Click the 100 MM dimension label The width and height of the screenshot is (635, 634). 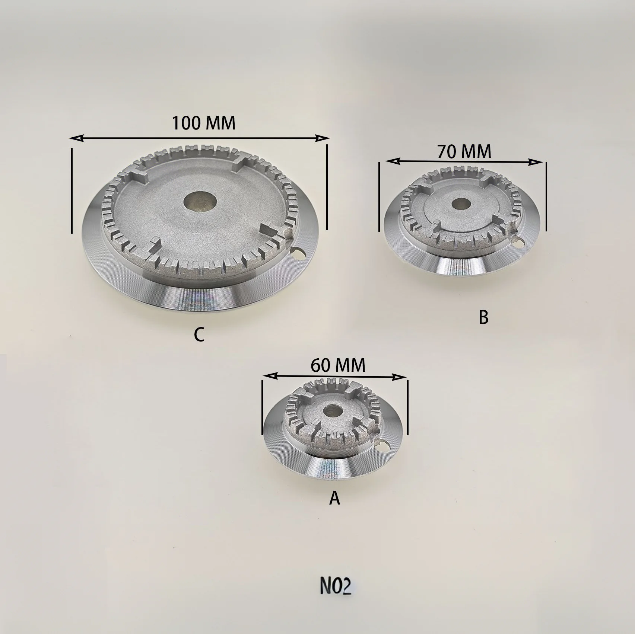(x=203, y=123)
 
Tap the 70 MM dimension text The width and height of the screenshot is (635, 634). (x=464, y=151)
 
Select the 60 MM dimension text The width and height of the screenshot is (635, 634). (x=338, y=365)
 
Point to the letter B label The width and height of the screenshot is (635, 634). (x=483, y=317)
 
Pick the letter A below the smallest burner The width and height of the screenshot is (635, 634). (x=334, y=498)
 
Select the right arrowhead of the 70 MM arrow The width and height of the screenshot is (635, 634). (x=538, y=162)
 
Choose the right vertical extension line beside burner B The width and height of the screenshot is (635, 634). (x=546, y=196)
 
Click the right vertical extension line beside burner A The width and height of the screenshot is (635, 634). (x=408, y=407)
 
